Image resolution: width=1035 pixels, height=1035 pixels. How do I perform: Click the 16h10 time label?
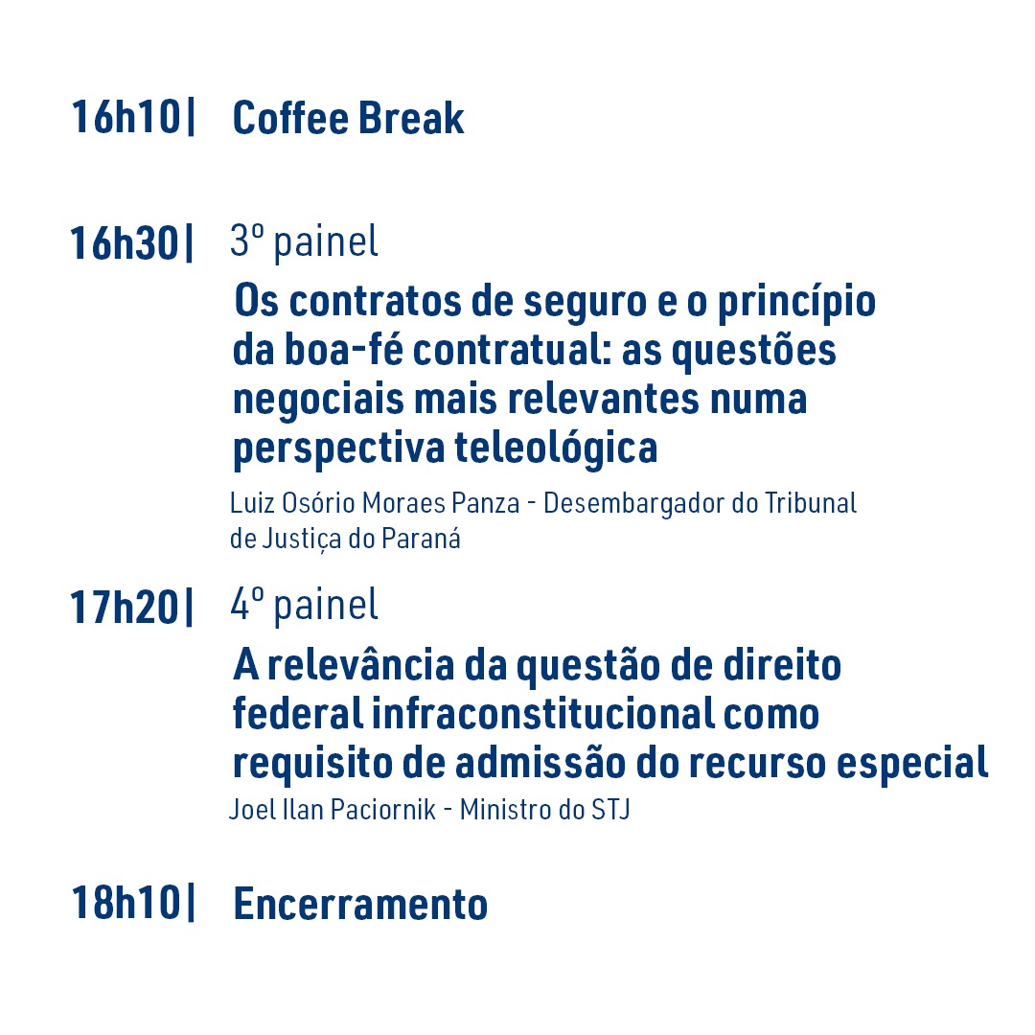click(x=126, y=118)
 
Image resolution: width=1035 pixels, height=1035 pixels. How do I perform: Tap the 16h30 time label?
click(x=124, y=242)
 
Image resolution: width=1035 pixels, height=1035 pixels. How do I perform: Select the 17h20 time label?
click(x=124, y=607)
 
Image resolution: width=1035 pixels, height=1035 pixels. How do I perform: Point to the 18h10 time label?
click(x=126, y=903)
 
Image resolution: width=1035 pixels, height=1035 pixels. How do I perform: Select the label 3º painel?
click(x=305, y=241)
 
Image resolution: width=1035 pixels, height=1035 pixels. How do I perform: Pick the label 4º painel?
click(x=305, y=606)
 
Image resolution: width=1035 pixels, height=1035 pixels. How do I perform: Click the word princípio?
click(x=796, y=302)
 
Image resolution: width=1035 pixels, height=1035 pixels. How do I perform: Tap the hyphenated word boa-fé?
click(x=343, y=349)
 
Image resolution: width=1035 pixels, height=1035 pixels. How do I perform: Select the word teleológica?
click(x=557, y=448)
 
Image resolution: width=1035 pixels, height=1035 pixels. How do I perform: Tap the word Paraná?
click(x=421, y=539)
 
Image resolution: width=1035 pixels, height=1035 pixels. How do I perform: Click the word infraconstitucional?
click(x=541, y=713)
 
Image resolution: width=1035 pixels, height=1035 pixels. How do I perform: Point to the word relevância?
click(x=360, y=664)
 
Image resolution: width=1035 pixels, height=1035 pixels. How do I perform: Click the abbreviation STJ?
click(x=609, y=809)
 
